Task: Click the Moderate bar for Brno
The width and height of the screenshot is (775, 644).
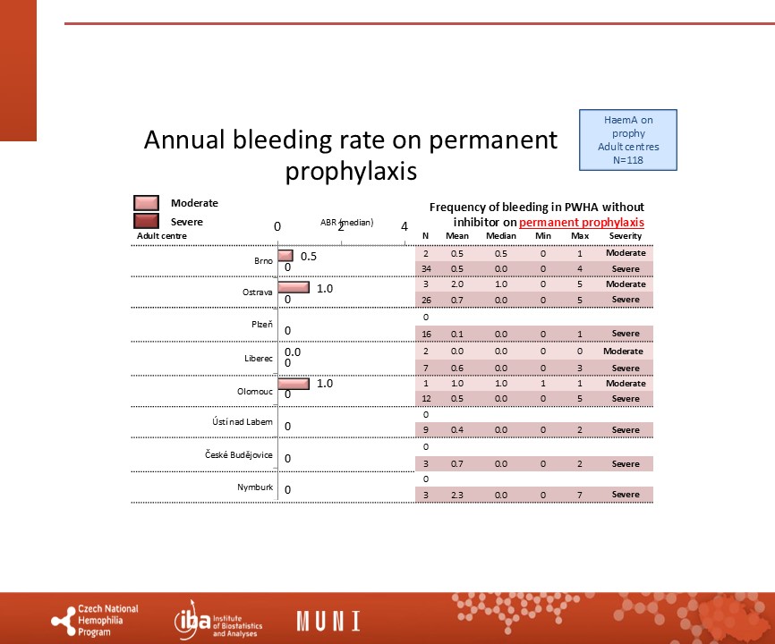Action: pyautogui.click(x=285, y=255)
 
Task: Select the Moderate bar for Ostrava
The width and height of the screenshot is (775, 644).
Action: pyautogui.click(x=294, y=287)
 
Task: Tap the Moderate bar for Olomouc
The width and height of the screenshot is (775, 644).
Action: pyautogui.click(x=294, y=383)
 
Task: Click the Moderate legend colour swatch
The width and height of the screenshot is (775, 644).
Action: pyautogui.click(x=146, y=203)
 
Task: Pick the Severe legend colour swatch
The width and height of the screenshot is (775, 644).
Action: pyautogui.click(x=146, y=221)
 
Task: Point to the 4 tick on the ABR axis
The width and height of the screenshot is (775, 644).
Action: pyautogui.click(x=405, y=226)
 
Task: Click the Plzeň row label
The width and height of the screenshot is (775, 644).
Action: pyautogui.click(x=262, y=324)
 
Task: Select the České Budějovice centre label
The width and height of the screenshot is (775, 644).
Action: pyautogui.click(x=239, y=455)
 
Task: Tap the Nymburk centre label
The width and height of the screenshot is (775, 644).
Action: pyautogui.click(x=255, y=487)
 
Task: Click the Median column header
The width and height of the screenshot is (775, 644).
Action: pyautogui.click(x=500, y=236)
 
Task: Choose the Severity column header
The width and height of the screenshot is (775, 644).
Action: pyautogui.click(x=626, y=236)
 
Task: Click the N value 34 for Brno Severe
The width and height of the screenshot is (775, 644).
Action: pyautogui.click(x=426, y=268)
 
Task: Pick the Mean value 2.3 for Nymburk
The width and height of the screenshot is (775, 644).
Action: pyautogui.click(x=457, y=495)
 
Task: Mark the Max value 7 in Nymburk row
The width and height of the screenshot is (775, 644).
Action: pyautogui.click(x=580, y=495)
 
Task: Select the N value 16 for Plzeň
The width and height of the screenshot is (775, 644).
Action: pyautogui.click(x=426, y=334)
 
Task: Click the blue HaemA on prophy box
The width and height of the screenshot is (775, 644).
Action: pyautogui.click(x=628, y=140)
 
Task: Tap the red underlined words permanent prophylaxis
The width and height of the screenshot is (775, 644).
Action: pyautogui.click(x=582, y=222)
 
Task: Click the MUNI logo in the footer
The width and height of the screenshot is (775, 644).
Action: pyautogui.click(x=328, y=621)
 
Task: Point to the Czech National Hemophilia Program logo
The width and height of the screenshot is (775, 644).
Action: pyautogui.click(x=95, y=620)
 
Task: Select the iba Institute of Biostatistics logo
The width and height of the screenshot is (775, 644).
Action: pyautogui.click(x=218, y=622)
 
